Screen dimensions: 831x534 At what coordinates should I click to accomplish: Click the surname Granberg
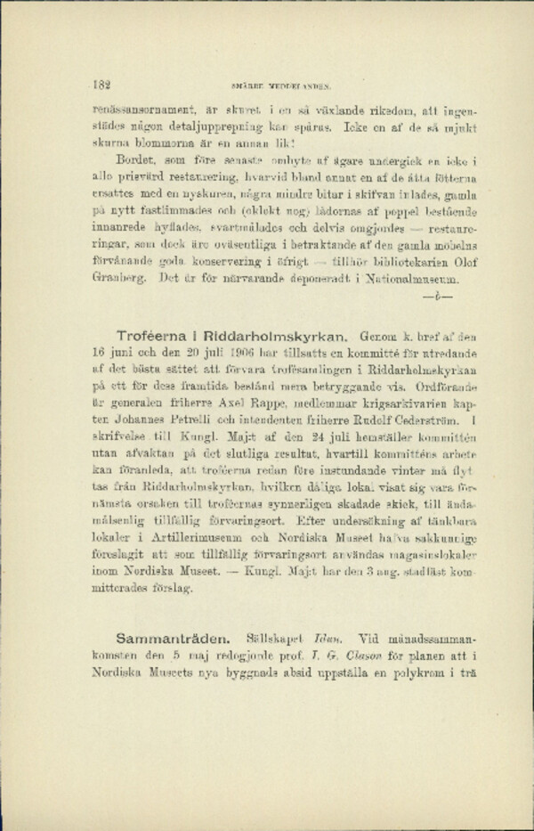click(x=121, y=280)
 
